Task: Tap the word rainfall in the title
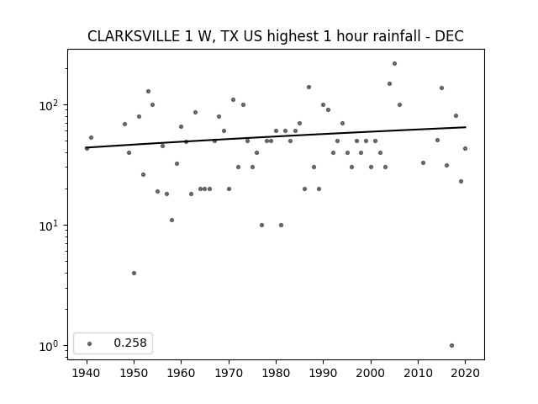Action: coord(379,36)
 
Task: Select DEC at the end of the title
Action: coord(449,36)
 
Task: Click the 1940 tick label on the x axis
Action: coord(87,373)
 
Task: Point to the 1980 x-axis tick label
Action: coord(276,373)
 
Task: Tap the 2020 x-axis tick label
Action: coord(465,373)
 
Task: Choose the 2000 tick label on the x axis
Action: coord(371,373)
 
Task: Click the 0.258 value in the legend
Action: coord(130,343)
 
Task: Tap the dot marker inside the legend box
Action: coord(90,343)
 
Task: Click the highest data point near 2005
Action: coord(394,64)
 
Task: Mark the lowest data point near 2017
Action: coord(451,346)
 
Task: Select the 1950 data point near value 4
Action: coord(134,273)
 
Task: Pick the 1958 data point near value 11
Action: coord(171,220)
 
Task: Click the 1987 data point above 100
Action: coord(309,88)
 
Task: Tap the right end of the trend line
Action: coord(466,127)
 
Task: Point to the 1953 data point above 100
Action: coord(148,92)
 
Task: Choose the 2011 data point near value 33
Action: coord(423,162)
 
